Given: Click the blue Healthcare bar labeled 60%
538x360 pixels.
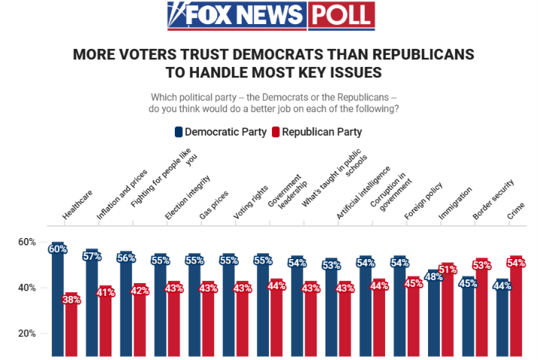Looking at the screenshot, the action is pos(57,299).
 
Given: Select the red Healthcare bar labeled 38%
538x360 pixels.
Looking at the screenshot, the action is pos(72,325).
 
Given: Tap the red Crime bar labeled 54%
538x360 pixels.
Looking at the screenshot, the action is pos(516,306).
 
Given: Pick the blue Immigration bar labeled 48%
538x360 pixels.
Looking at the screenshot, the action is pos(434,313).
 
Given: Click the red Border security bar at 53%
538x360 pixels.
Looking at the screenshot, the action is pos(481,307).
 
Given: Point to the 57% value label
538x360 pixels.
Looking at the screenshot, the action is pos(92,256).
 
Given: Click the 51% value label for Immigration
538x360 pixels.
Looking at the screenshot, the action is pos(448,270).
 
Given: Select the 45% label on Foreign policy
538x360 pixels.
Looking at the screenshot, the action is pos(414,283).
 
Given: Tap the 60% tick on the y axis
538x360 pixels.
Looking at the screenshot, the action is pos(27,242).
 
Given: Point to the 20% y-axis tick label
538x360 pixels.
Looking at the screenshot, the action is pos(27,333).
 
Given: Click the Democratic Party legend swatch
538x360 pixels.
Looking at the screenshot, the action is pos(179,132).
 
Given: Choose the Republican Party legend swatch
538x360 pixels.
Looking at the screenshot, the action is pos(276,132).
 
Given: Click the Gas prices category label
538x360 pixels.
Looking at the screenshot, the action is pos(213,205).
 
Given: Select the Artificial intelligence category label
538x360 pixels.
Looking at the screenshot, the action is pos(363,193).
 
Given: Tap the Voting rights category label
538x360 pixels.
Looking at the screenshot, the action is pos(250,203).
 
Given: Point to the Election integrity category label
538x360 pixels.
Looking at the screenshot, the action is pos(187,197).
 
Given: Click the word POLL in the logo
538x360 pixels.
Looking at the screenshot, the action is pos(341,15).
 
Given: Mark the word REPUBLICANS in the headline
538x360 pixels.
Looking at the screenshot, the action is pos(423,54).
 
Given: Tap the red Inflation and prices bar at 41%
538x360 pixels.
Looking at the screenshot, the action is pos(105,321).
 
